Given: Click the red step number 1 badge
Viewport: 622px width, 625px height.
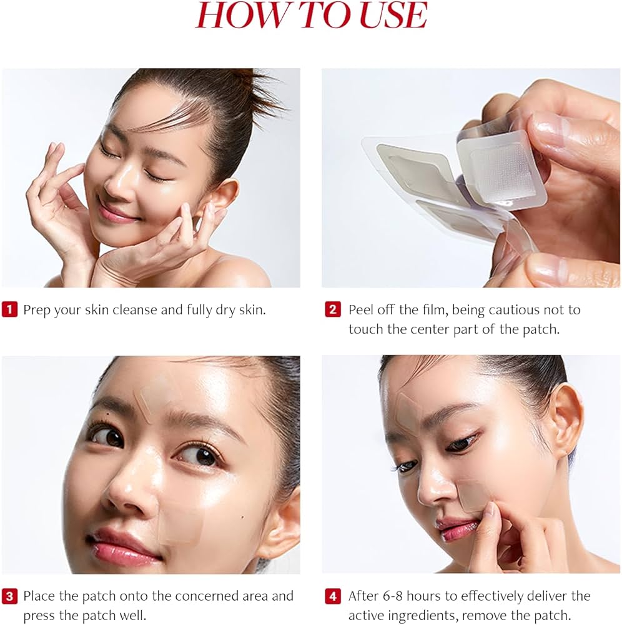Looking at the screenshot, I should click(9, 309).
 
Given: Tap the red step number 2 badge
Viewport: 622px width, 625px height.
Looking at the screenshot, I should click(333, 309).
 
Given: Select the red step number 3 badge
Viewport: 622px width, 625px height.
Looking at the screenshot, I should click(9, 596).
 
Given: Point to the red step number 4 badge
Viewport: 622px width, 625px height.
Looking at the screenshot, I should click(333, 596).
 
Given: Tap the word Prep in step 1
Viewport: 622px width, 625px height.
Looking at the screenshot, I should click(37, 310).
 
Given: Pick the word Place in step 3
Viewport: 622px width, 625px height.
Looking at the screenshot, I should click(39, 596).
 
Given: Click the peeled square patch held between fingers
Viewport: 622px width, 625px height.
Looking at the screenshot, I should click(500, 166).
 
